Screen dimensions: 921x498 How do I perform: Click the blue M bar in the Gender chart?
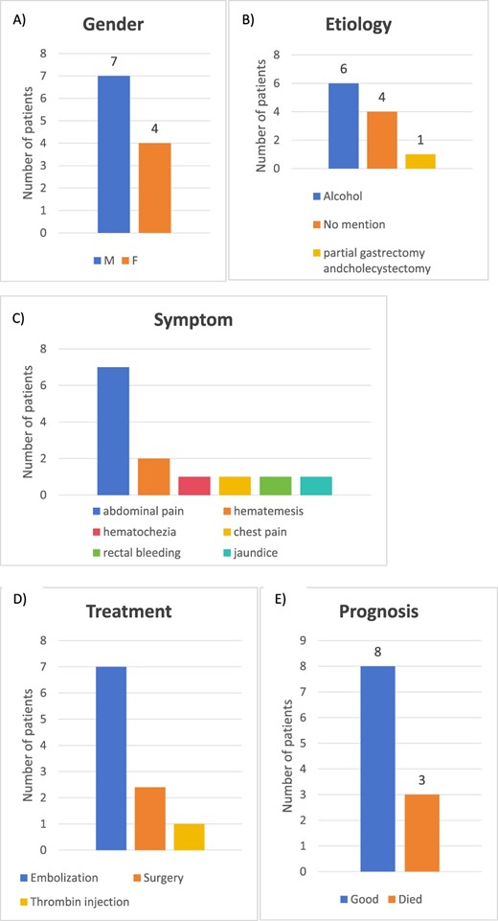coord(114,154)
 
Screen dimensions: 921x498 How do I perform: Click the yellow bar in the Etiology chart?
coord(419,161)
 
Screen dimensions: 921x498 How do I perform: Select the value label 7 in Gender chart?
coord(114,60)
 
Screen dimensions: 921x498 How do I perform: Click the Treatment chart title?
coord(127,610)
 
